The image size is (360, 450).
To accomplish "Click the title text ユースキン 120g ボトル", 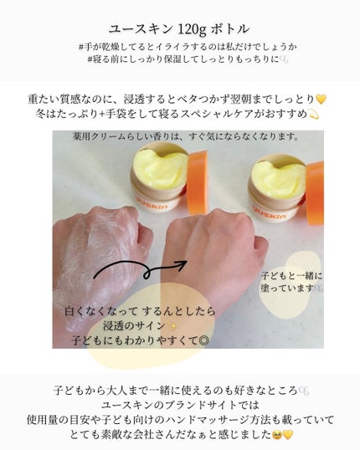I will pyautogui.click(x=180, y=28).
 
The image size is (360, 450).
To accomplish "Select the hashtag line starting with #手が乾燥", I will pyautogui.click(x=180, y=46).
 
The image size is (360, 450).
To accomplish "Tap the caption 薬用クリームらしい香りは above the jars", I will pyautogui.click(x=197, y=136).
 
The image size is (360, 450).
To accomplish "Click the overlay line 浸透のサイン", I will pyautogui.click(x=134, y=326).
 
